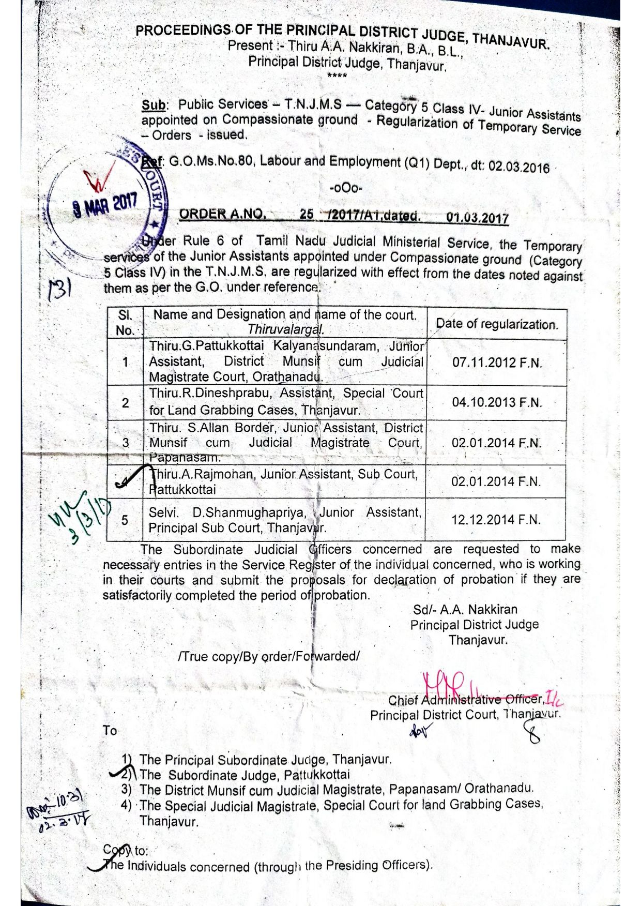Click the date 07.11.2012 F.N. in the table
(497, 362)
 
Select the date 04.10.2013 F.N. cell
(497, 402)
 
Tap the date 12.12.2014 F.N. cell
(496, 520)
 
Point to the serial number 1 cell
(125, 362)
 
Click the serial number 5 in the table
(125, 520)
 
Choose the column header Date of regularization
(497, 324)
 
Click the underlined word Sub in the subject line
(154, 105)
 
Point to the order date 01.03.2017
(477, 218)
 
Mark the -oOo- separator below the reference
(346, 188)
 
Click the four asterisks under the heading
(337, 76)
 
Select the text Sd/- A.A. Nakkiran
(465, 609)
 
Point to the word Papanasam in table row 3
(178, 458)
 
